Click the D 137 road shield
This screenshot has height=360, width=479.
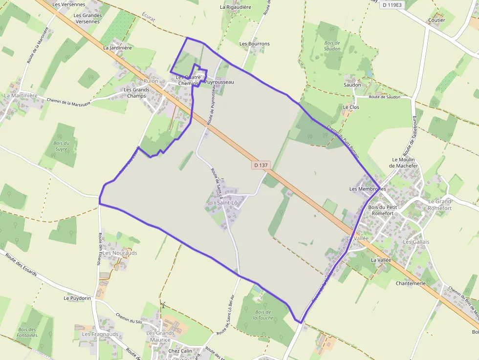[x=261, y=165]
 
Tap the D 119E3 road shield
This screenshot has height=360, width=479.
[x=392, y=4]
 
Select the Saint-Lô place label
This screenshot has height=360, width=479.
[x=227, y=203]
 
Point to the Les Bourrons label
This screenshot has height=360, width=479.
[x=254, y=44]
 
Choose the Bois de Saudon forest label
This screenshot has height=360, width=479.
[x=332, y=46]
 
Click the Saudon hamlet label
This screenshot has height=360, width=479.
[x=352, y=85]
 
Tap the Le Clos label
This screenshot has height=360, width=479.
[x=351, y=107]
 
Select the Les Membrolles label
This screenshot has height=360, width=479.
[x=368, y=189]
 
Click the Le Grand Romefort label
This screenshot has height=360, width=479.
[x=439, y=205]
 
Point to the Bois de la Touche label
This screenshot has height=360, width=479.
[x=263, y=315]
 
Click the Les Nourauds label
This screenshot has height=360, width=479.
[x=120, y=253]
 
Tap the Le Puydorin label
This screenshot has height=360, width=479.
[x=77, y=298]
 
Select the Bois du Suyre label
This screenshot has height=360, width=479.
[x=62, y=146]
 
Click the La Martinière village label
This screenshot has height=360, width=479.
[x=21, y=96]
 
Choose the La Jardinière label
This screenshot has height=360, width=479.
[x=117, y=48]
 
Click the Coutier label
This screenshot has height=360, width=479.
[x=436, y=21]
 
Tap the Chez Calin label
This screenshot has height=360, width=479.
[x=180, y=351]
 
